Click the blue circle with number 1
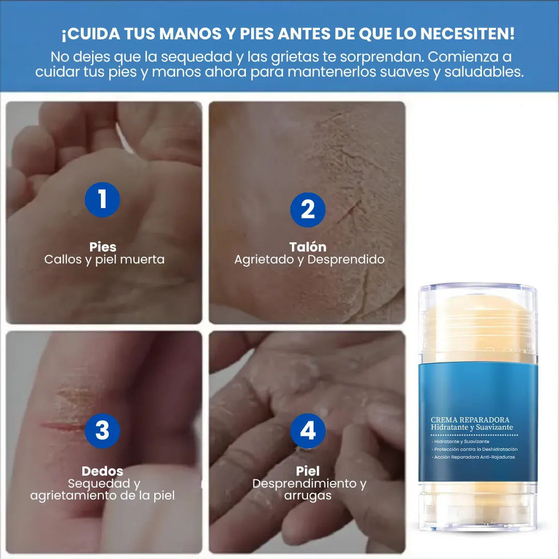coord(102,200)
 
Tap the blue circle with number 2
coord(307,210)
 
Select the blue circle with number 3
coord(102,431)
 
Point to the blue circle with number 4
coord(307,431)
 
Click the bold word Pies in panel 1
coord(102,247)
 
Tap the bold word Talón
coord(307,247)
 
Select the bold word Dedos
coord(102,471)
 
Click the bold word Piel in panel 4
coord(307,471)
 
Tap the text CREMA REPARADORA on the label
coord(470,420)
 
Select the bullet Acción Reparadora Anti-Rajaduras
coord(474,457)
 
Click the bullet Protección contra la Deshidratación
coord(475,449)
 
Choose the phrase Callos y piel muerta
coord(105,259)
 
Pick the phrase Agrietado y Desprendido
coord(310,259)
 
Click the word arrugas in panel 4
coord(307,495)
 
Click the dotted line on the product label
coord(474,435)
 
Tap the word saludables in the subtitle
coord(483,72)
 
